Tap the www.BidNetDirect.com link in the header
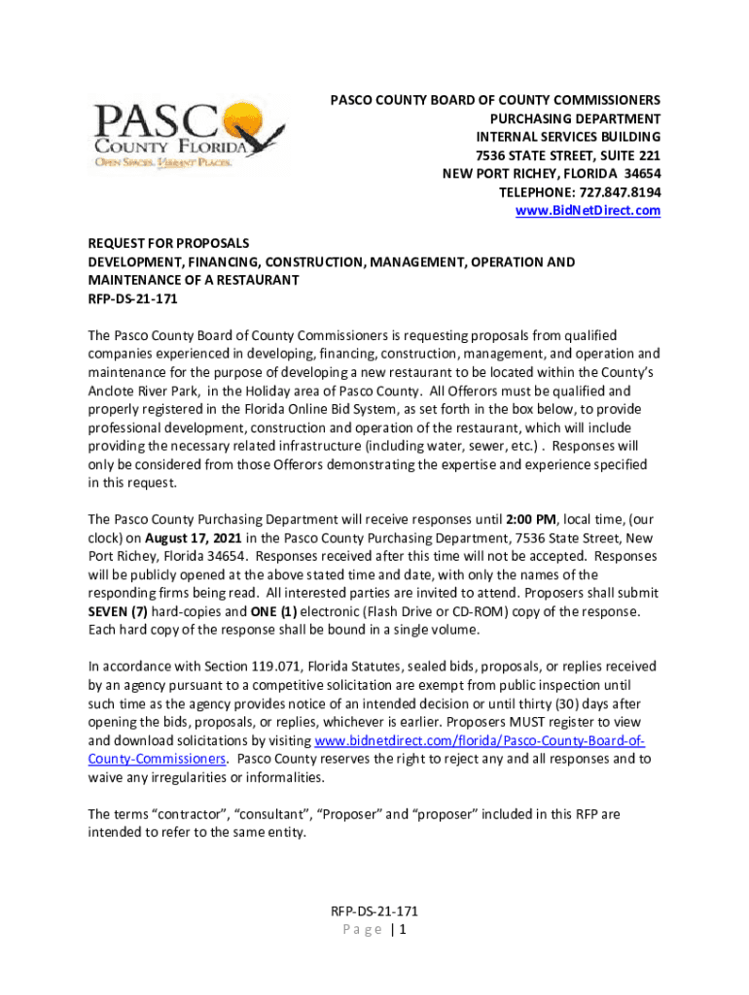(x=588, y=210)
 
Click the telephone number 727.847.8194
(x=621, y=191)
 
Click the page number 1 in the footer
(x=401, y=930)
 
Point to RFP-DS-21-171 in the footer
(x=374, y=911)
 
